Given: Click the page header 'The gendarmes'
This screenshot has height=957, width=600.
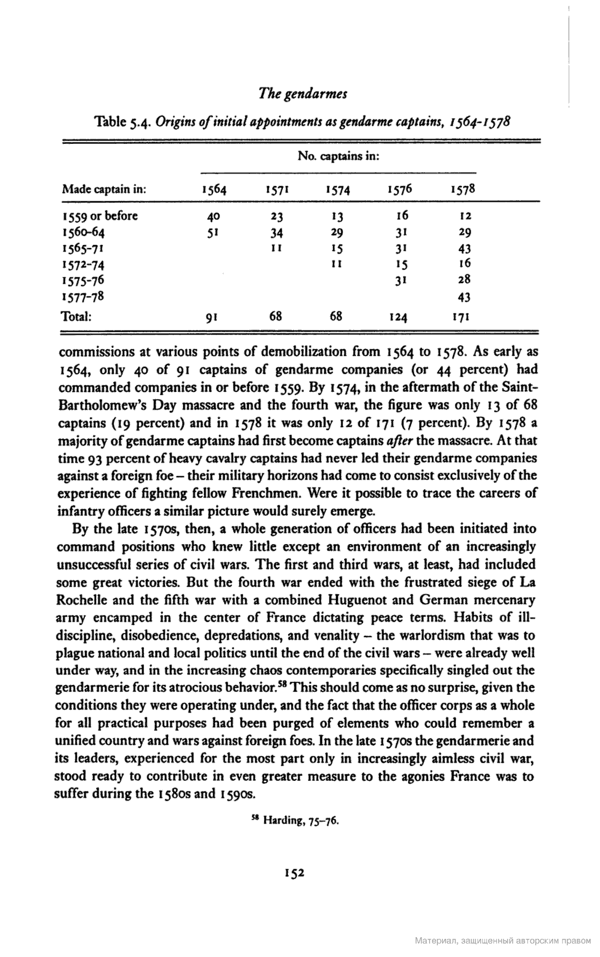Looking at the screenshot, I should [303, 94].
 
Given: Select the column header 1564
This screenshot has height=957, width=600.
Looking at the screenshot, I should [214, 190].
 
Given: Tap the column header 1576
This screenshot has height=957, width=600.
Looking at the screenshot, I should [400, 190].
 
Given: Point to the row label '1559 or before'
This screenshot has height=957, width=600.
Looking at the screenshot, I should [100, 216].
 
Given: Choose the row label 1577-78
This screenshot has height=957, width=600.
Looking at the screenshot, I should [83, 297].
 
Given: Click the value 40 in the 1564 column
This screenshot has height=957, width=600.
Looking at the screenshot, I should [213, 216].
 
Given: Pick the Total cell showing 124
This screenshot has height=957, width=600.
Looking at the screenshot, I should [397, 318].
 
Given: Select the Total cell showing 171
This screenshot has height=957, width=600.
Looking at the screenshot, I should [463, 318].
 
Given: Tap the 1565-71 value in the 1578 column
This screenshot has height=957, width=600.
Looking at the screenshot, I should [464, 248].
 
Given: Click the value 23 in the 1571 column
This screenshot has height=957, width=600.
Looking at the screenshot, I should [277, 216].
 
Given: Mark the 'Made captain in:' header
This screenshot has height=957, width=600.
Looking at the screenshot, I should [104, 190].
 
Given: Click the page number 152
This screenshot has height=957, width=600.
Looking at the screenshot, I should [294, 873].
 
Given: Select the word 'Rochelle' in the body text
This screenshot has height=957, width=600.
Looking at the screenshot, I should [80, 600].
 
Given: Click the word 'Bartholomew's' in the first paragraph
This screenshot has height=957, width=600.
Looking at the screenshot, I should [99, 405].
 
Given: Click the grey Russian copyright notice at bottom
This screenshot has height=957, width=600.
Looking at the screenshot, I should [503, 941].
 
